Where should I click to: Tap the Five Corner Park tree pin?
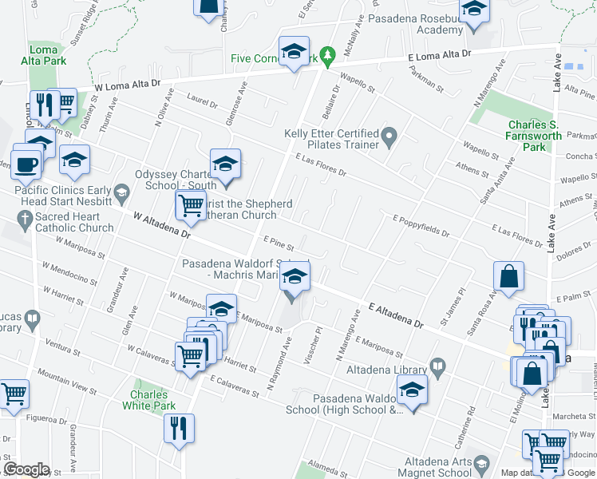[326, 56]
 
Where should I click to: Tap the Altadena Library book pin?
[437, 367]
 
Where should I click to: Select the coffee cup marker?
[26, 164]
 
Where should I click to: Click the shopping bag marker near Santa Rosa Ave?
[508, 279]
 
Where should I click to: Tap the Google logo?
[27, 469]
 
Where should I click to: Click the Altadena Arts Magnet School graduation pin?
[481, 464]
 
